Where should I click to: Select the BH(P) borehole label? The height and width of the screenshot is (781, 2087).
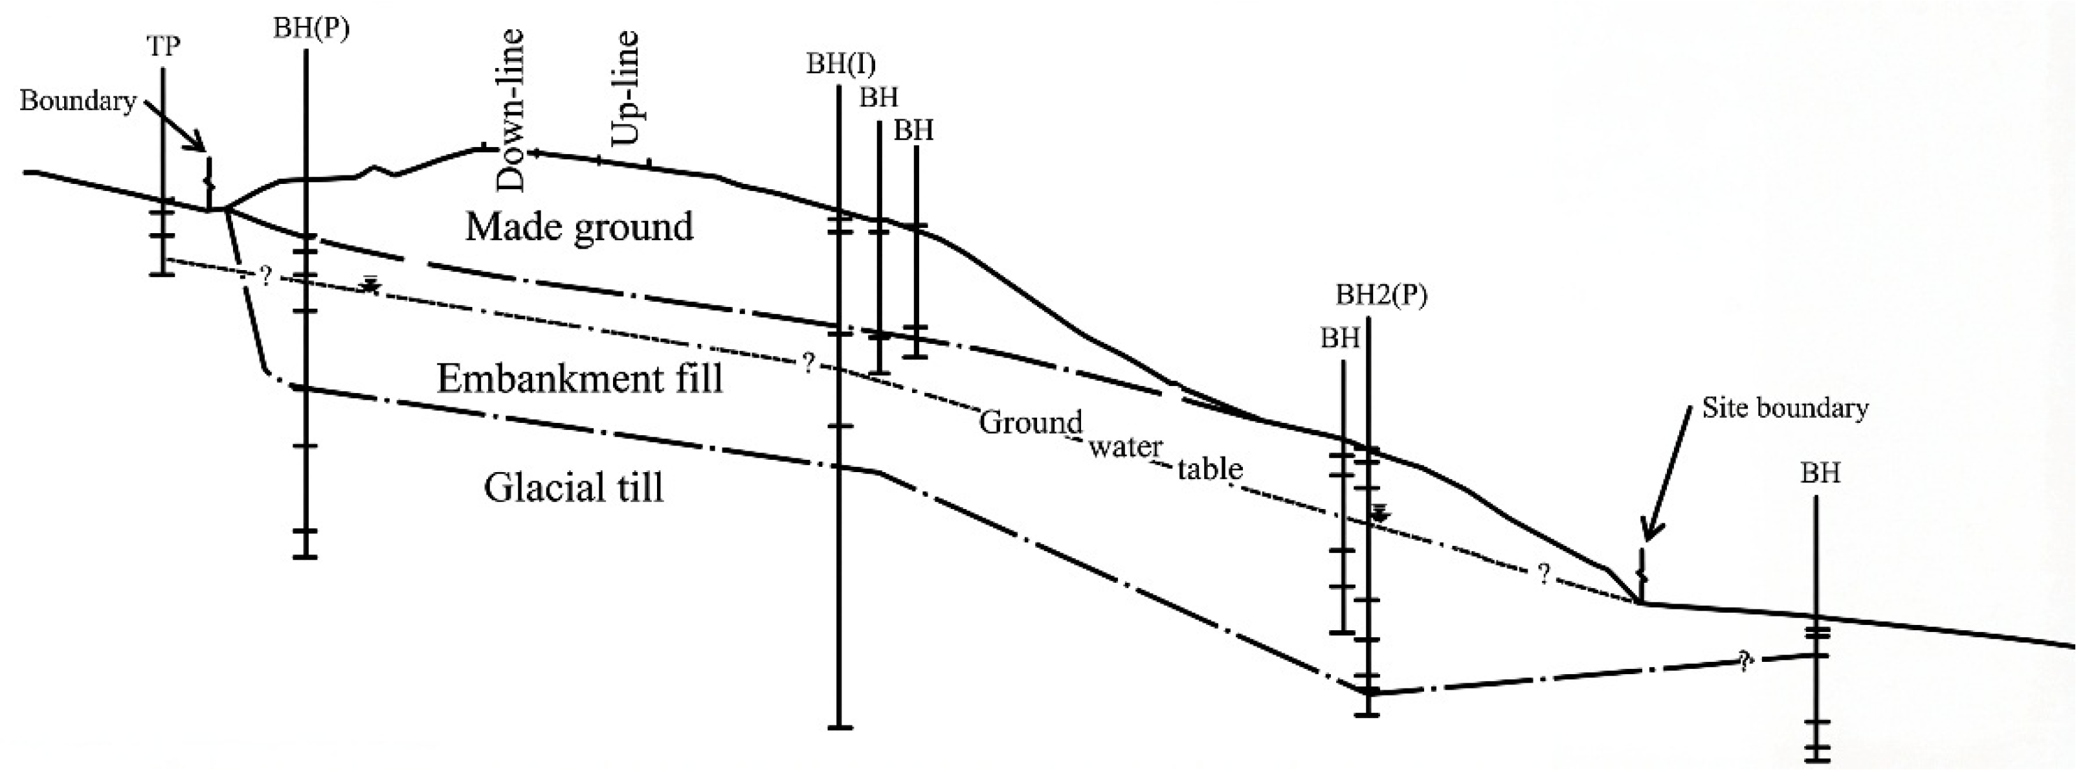pyautogui.click(x=311, y=28)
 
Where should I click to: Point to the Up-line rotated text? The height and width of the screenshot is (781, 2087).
pyautogui.click(x=625, y=99)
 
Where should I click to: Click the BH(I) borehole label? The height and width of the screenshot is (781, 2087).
pyautogui.click(x=840, y=64)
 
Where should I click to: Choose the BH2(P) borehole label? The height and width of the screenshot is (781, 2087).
pyautogui.click(x=1381, y=296)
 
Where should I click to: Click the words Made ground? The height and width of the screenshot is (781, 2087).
pyautogui.click(x=579, y=227)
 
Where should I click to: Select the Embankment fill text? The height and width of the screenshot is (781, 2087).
pyautogui.click(x=579, y=378)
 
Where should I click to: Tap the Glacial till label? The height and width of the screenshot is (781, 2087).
pyautogui.click(x=574, y=488)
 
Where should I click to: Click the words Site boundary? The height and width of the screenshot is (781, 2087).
pyautogui.click(x=1785, y=407)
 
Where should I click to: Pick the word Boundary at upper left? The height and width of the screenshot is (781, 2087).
pyautogui.click(x=78, y=101)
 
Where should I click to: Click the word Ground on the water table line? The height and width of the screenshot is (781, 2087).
pyautogui.click(x=1031, y=423)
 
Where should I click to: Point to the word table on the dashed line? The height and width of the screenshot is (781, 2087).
pyautogui.click(x=1210, y=468)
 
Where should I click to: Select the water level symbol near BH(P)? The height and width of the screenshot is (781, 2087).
pyautogui.click(x=371, y=284)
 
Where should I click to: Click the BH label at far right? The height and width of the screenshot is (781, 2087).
pyautogui.click(x=1820, y=472)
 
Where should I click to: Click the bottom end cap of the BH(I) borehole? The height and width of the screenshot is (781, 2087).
pyautogui.click(x=840, y=727)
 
